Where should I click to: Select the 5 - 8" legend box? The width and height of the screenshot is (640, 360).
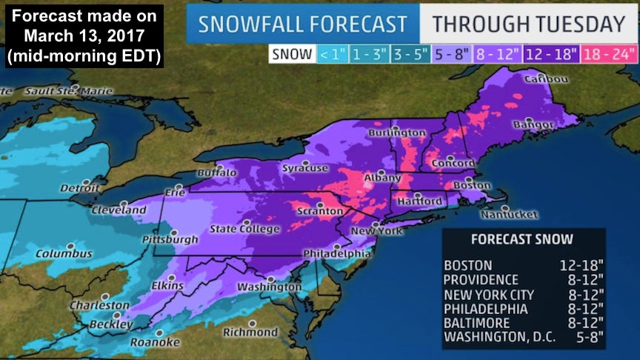pos(450,53)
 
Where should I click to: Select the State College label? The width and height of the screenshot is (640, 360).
pos(244,229)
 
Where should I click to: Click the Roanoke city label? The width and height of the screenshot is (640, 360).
pos(155,341)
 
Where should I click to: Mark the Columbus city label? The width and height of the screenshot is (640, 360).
pos(64,254)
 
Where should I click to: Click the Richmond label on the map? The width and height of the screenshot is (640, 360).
pos(250,332)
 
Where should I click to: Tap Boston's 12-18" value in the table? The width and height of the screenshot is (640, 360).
pos(581,265)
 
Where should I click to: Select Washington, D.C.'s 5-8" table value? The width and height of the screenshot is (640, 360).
pos(587,338)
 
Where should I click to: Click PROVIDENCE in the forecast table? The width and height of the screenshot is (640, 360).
pos(481,280)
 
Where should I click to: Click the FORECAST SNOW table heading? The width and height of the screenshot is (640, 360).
pos(521,239)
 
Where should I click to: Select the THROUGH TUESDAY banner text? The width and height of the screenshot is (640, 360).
pos(529,24)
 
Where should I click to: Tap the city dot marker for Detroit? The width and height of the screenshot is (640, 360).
pos(87,181)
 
